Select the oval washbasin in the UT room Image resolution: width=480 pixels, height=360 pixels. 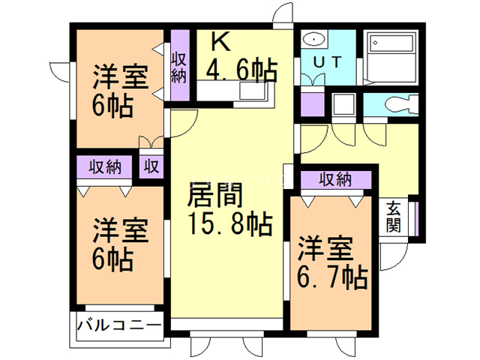tap(313, 40)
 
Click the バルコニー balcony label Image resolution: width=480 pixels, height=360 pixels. tap(119, 326)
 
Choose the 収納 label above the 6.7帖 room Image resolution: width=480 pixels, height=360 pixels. tap(334, 179)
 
